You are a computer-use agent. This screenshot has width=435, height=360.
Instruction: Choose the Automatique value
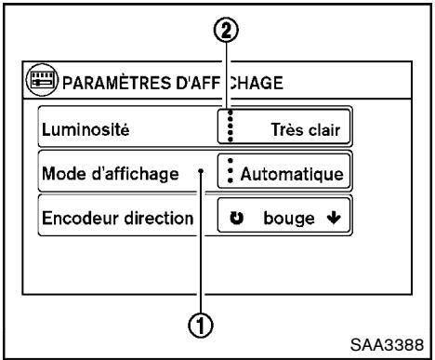(x=293, y=173)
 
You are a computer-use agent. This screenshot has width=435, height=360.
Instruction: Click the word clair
(x=326, y=128)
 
